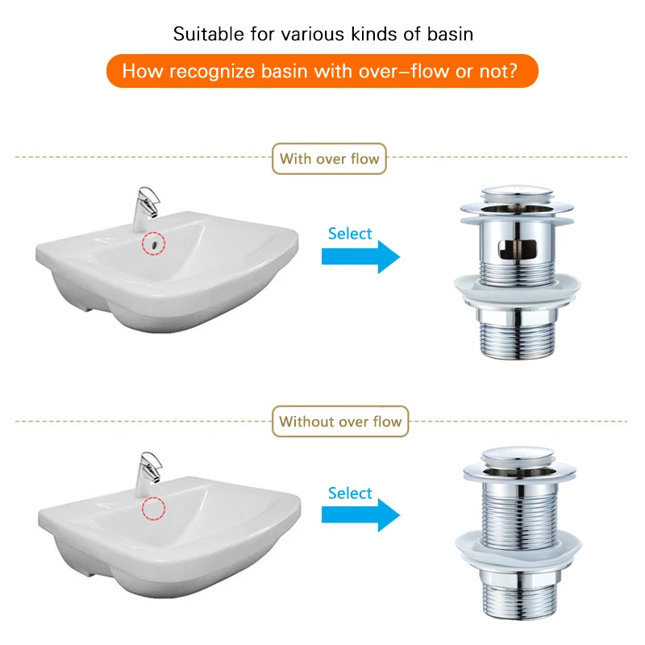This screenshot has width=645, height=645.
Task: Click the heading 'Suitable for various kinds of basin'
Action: click(x=322, y=35)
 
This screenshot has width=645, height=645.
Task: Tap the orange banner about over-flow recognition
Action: click(x=322, y=71)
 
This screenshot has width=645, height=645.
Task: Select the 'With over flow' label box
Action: click(x=329, y=159)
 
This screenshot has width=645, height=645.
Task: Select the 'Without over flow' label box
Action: click(x=340, y=422)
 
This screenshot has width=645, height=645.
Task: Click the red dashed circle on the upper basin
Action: click(x=152, y=242)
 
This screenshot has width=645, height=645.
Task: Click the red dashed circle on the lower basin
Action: click(x=152, y=508)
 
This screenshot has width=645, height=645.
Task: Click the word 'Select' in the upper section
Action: click(x=350, y=234)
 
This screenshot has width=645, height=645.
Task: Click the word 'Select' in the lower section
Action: click(x=350, y=493)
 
